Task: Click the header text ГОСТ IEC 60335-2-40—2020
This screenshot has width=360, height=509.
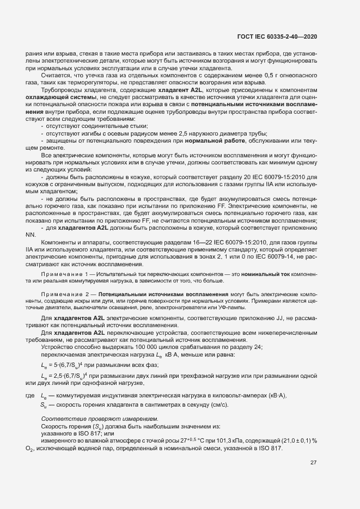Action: pos(277,36)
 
